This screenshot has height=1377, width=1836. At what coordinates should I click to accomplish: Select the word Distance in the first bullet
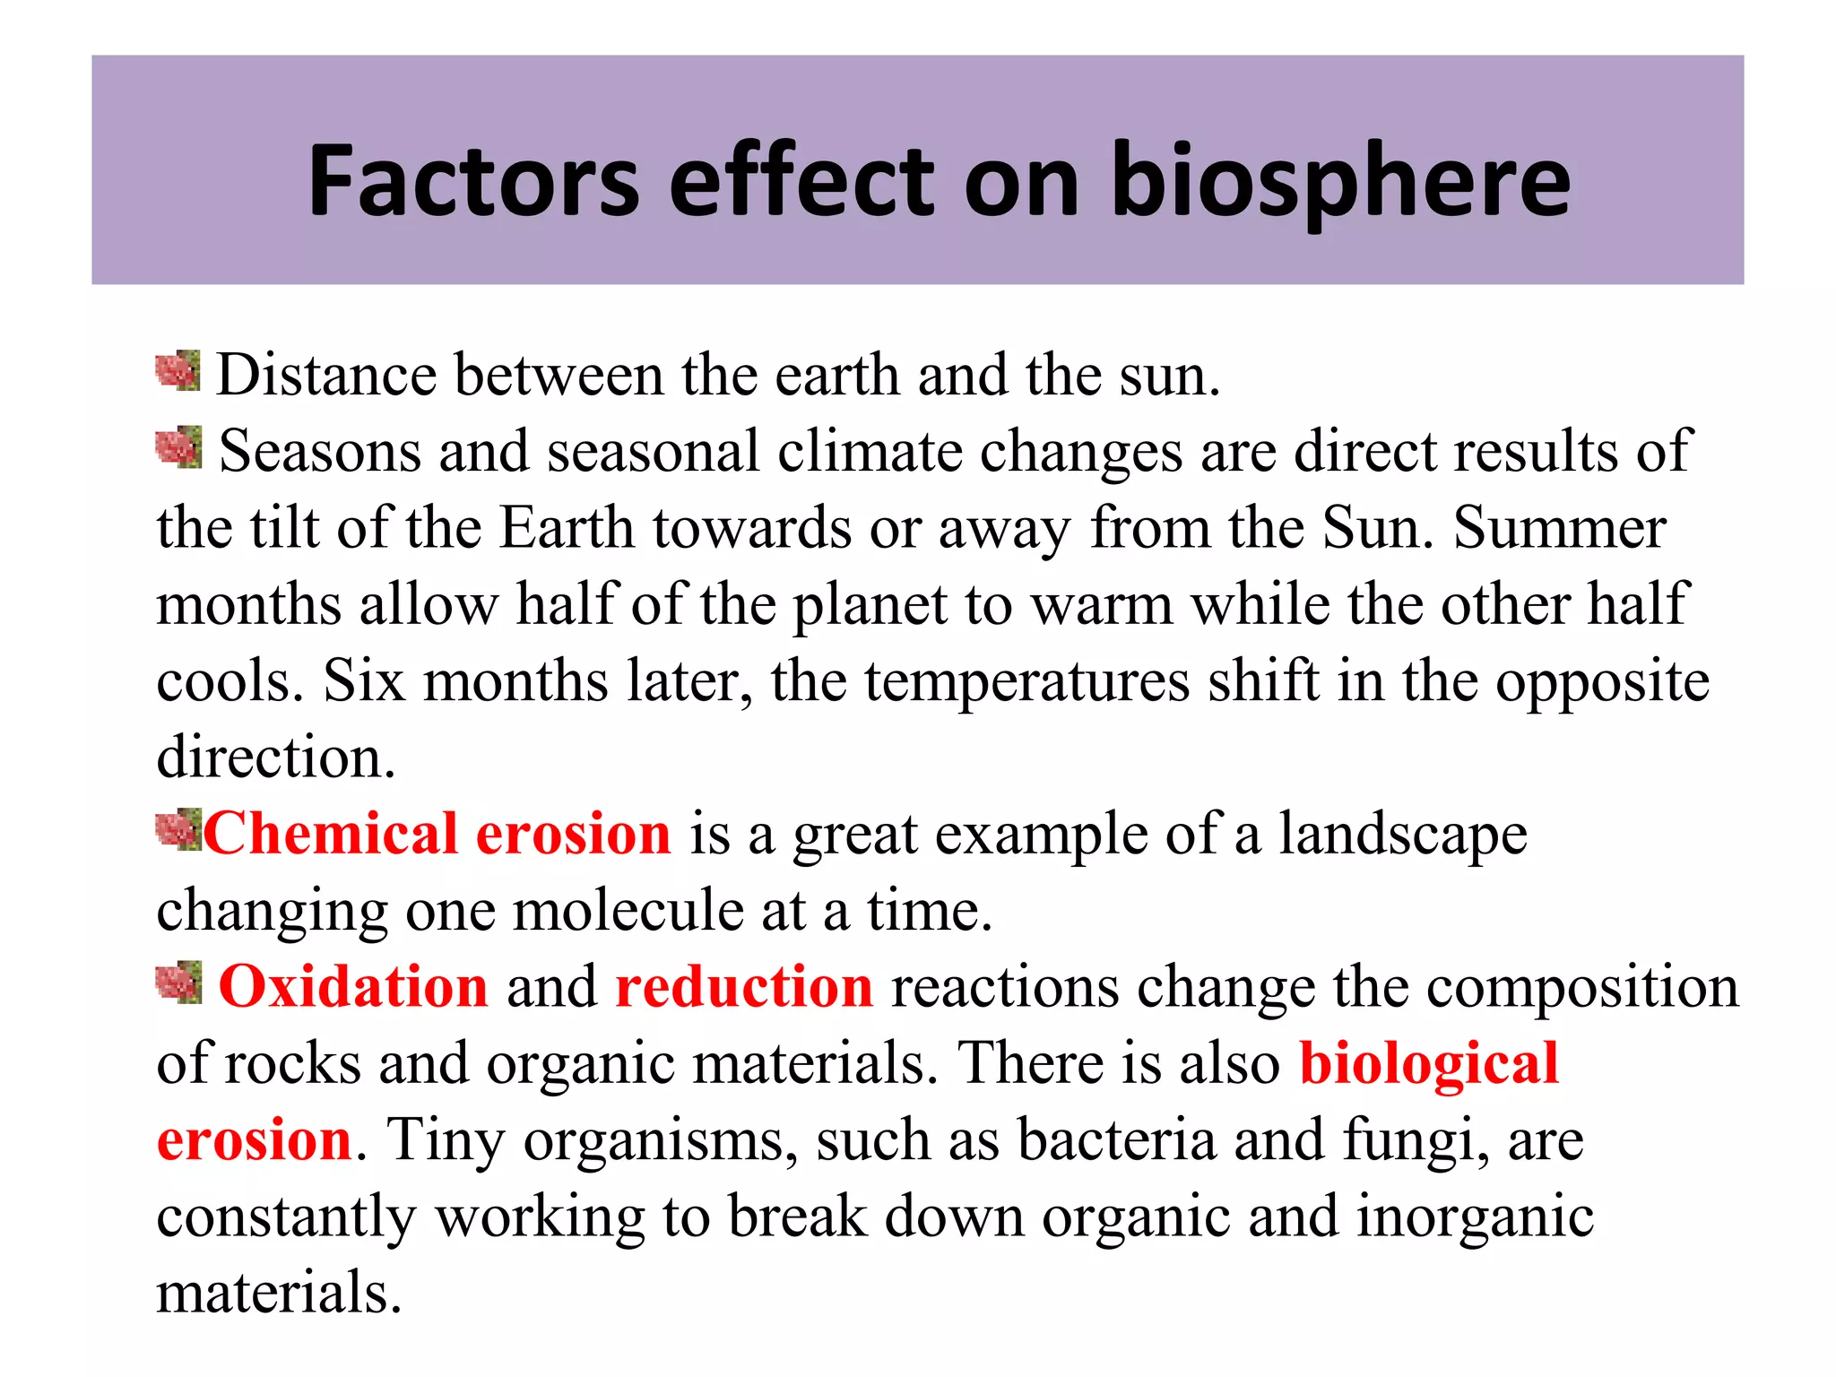coord(326,375)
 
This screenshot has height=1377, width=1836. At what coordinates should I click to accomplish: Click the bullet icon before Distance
coord(178,371)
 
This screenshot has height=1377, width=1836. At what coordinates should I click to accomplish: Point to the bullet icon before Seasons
coord(178,447)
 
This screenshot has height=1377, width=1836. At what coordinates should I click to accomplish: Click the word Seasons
coord(319,451)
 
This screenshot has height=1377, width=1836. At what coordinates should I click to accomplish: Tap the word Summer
coord(1560,527)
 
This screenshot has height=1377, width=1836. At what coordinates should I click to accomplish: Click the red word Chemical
coord(331,834)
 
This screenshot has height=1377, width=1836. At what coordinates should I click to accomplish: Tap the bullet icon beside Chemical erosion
coord(178,829)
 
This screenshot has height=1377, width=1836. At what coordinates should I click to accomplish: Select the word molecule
coord(628,911)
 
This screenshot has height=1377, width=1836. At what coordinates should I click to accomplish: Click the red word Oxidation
coord(353,987)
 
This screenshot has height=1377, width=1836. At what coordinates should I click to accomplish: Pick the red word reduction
coord(744,987)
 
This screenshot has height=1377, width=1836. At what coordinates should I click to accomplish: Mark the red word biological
coord(1429,1065)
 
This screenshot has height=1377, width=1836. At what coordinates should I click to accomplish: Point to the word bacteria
coord(1116,1140)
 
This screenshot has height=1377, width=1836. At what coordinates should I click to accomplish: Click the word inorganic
coord(1475,1217)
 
